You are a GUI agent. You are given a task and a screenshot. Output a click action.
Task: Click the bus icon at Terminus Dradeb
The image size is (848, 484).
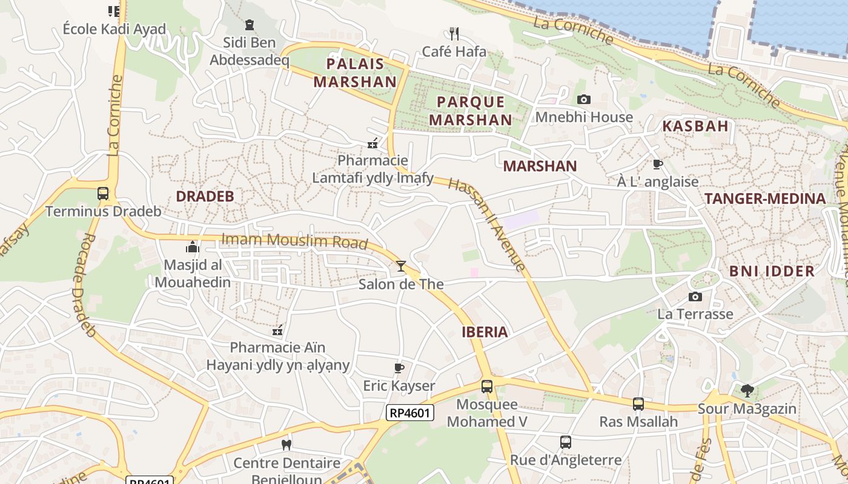[x=103, y=194]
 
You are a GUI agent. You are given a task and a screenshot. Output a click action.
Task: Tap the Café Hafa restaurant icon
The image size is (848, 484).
[x=454, y=33]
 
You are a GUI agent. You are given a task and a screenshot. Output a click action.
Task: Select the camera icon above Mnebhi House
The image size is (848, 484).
[x=584, y=99]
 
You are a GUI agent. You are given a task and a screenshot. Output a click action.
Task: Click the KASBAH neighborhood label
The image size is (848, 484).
[x=695, y=126]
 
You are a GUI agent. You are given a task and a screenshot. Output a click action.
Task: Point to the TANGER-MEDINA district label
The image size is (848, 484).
[x=765, y=198]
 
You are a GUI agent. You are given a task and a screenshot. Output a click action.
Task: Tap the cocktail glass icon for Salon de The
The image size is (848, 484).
[x=400, y=266]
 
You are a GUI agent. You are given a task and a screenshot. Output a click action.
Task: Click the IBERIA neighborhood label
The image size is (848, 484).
[x=485, y=332]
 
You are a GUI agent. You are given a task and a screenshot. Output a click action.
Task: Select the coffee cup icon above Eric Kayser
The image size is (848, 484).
[x=399, y=368]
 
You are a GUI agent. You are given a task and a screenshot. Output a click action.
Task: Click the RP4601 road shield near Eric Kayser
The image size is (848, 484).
[x=410, y=413]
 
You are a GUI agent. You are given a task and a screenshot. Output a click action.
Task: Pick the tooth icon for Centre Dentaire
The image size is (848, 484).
[x=287, y=445]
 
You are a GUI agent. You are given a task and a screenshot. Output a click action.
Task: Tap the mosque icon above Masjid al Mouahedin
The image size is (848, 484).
[x=193, y=247]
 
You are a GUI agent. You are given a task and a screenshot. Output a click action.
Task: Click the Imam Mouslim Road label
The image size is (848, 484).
[x=294, y=240]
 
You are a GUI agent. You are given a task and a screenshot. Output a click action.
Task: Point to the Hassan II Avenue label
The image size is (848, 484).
[x=487, y=224]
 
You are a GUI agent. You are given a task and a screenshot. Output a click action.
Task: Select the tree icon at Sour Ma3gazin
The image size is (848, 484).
[x=747, y=391]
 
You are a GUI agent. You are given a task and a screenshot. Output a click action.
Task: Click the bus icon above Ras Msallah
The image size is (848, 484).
[x=638, y=404]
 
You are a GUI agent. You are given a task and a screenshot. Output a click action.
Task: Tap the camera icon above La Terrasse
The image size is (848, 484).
[x=695, y=296]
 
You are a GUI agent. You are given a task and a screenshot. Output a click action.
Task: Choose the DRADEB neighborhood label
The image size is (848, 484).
[x=205, y=196]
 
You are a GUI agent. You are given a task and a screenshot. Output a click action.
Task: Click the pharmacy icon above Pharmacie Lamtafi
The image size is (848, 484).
[x=373, y=143]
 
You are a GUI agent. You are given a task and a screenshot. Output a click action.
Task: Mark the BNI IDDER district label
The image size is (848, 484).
[x=772, y=271]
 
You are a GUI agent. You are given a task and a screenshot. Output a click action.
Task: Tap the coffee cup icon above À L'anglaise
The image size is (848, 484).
[x=658, y=164]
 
